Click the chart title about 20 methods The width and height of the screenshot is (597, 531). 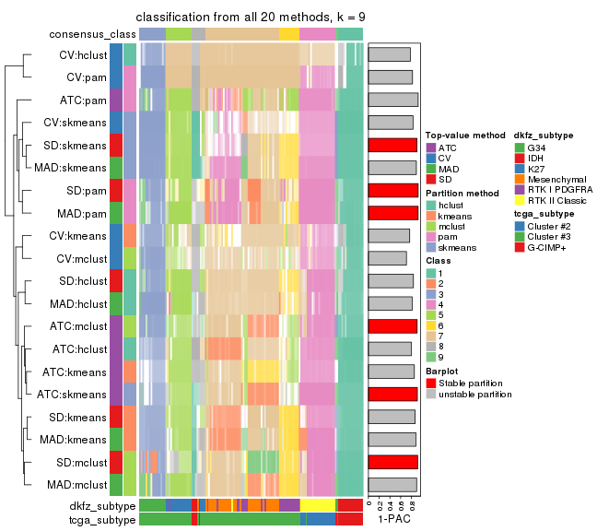click(251, 18)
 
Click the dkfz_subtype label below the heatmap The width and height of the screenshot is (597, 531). click(102, 506)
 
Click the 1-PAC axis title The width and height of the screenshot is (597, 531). click(393, 519)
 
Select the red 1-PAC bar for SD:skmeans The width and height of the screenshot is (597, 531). click(393, 145)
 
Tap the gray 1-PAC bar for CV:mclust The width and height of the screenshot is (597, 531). click(387, 258)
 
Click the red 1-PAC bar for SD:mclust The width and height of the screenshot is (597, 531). click(393, 462)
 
